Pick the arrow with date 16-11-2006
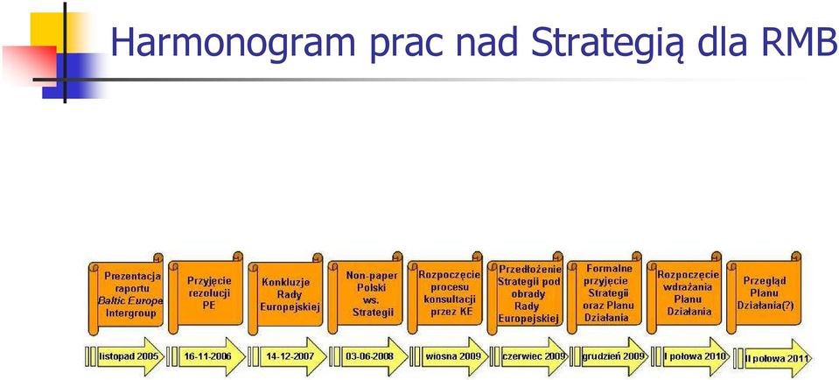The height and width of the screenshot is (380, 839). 206,356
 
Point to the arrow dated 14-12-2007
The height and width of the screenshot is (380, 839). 287,356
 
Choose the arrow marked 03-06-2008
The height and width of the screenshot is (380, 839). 368,356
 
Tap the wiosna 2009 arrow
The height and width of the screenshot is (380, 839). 450,356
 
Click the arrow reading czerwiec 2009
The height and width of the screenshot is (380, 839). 528,356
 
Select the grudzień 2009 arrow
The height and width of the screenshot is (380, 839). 609,356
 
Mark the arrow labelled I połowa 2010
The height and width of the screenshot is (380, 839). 690,356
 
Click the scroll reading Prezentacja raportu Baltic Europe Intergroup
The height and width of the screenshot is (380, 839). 126,294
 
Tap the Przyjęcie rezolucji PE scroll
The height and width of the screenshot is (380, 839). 206,294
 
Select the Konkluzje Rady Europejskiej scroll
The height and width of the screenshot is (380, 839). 286,294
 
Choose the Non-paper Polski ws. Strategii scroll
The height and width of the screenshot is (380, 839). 366,294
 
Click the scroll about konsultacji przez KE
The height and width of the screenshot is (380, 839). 445,294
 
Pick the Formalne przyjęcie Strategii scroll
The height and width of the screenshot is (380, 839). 605,294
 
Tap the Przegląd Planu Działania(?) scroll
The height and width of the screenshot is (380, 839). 764,294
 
